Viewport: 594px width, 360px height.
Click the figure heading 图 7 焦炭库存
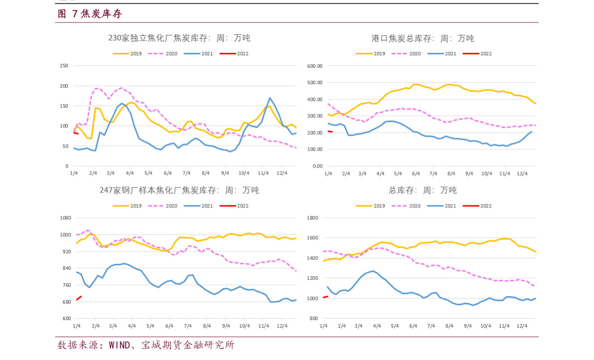point(90,14)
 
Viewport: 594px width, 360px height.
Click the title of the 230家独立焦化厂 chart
point(179,38)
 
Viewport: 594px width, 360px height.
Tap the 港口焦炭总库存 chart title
point(422,38)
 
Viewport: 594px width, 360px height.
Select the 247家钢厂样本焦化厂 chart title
point(179,190)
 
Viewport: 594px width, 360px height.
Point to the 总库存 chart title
point(422,190)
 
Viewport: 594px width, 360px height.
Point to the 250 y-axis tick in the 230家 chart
point(64,66)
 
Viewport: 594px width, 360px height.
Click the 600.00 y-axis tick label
point(315,66)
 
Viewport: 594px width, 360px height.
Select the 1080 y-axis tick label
point(66,218)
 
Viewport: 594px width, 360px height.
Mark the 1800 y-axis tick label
point(312,218)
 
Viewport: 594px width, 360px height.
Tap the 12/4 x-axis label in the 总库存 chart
point(522,326)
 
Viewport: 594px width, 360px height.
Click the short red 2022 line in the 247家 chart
point(79,298)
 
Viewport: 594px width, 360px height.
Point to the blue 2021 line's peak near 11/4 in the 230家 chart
point(270,98)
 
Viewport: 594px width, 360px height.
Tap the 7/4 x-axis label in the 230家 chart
point(187,173)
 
